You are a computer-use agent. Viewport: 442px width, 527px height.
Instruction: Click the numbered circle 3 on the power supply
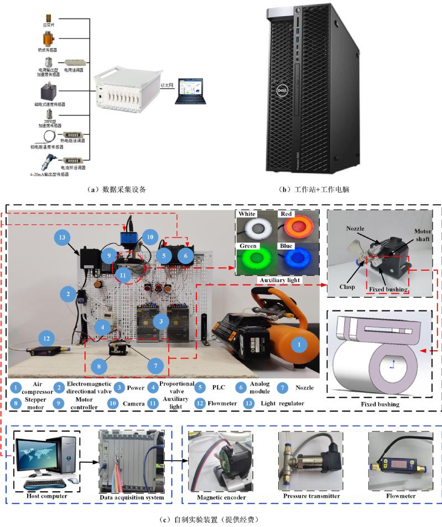(x=161, y=320)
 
